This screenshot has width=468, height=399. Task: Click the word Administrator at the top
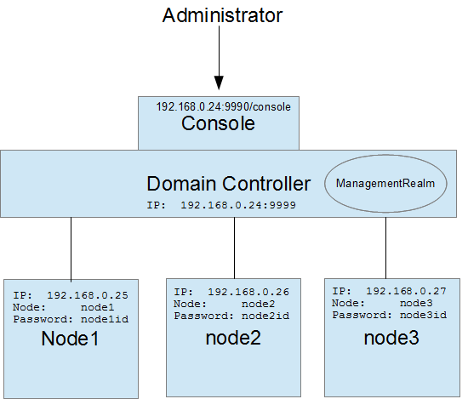[222, 15]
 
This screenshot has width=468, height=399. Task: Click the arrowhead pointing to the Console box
[219, 83]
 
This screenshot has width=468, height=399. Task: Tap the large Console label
[219, 124]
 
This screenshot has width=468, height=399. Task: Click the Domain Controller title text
[229, 183]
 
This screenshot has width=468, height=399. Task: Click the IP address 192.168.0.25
[88, 295]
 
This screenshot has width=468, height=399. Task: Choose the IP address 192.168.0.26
[248, 292]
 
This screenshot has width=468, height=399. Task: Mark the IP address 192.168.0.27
[407, 290]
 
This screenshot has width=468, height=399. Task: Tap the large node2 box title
[233, 337]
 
